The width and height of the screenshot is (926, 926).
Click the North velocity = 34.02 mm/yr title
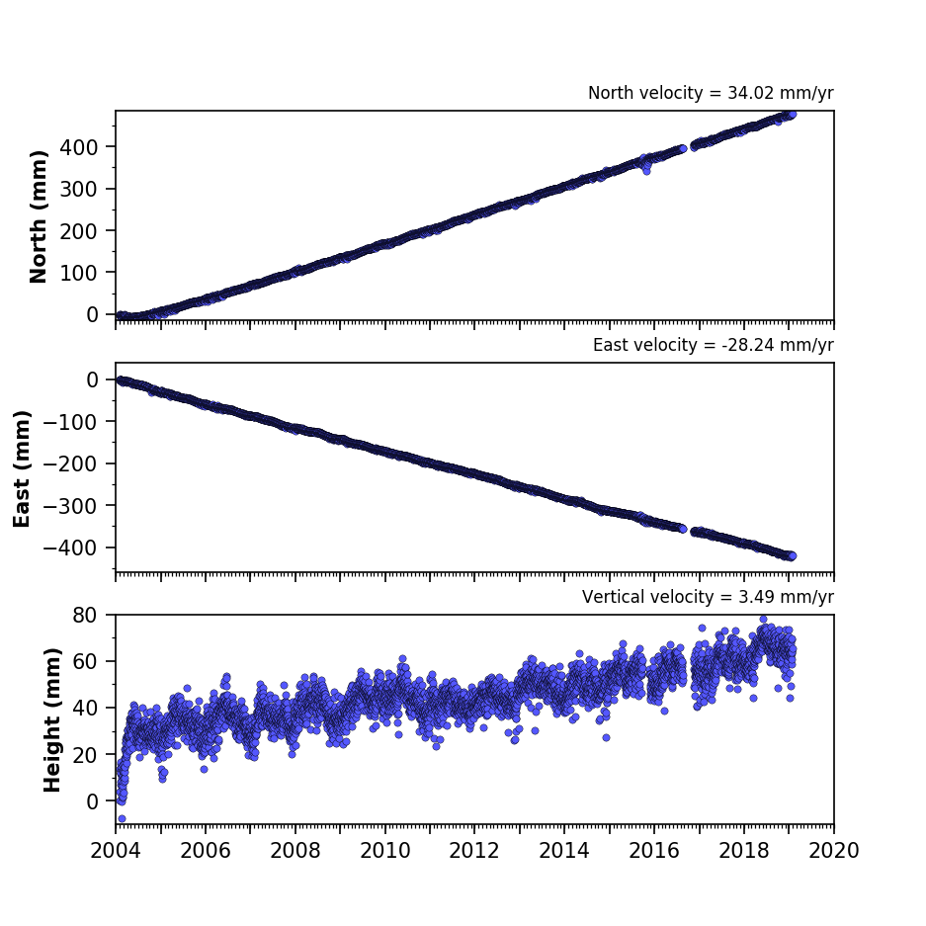coord(711,93)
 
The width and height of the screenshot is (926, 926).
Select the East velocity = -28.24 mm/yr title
coord(713,345)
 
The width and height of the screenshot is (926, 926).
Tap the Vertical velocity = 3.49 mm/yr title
coord(708,597)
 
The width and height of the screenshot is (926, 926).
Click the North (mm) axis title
coord(38,216)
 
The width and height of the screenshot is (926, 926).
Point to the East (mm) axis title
coord(22,468)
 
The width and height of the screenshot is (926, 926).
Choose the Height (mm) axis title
coord(52,719)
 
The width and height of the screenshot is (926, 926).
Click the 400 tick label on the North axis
coord(78,147)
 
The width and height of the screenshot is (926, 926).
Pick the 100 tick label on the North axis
coord(78,273)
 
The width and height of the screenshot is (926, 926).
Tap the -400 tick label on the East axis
coord(70,548)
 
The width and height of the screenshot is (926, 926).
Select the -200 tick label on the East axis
coord(70,464)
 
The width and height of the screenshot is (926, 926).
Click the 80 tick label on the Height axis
coord(85,615)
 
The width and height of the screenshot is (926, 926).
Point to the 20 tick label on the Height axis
coord(85,755)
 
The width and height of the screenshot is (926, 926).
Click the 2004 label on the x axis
coord(116,851)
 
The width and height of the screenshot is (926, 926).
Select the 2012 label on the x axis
coord(474,851)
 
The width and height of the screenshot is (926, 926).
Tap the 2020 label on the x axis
coord(833,851)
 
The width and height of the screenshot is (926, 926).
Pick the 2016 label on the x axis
coord(654,851)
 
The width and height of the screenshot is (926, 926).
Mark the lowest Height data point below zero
coord(122,818)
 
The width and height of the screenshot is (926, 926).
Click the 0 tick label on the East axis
coord(92,379)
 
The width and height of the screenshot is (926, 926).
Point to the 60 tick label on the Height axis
coord(85,661)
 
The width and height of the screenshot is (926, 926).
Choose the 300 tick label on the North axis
coord(78,189)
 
